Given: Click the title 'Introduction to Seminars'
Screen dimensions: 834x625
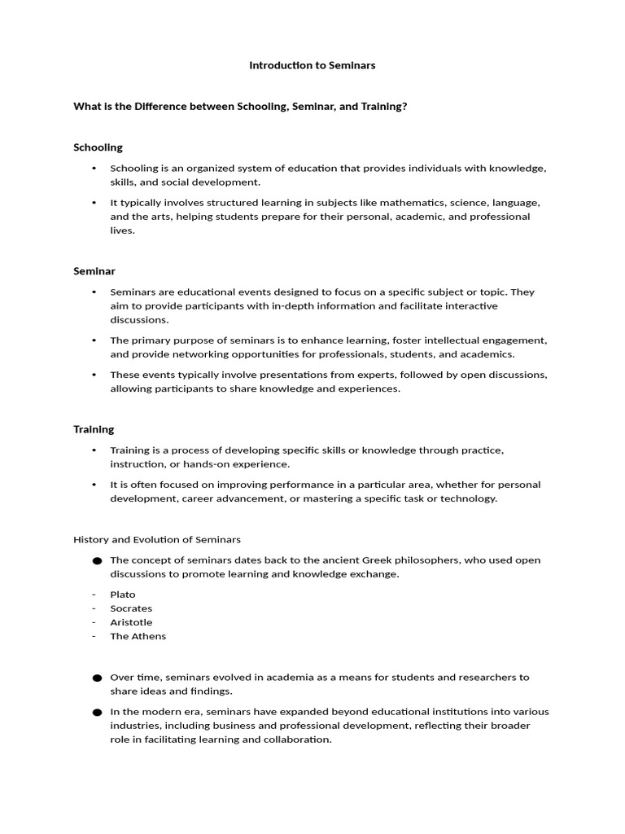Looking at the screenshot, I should (x=312, y=65).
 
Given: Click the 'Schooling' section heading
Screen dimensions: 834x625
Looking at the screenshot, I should (x=98, y=147).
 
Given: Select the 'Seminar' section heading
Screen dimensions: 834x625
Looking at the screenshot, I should (x=94, y=270).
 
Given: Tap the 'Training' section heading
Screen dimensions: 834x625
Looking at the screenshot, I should (x=94, y=429).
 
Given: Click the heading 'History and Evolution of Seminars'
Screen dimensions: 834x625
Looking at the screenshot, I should (x=157, y=539).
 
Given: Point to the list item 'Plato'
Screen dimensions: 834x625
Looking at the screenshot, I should (x=123, y=595).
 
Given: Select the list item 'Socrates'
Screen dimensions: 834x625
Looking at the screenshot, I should (x=131, y=608).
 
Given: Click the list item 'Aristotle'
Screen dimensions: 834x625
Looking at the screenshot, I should (x=131, y=622).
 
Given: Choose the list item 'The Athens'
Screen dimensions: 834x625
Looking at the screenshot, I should (x=138, y=636).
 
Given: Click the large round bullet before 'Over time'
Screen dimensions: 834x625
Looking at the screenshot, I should (x=97, y=678).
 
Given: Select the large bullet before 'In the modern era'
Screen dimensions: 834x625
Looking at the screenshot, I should (x=97, y=713).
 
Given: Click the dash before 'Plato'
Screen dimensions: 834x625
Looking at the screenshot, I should (x=94, y=595).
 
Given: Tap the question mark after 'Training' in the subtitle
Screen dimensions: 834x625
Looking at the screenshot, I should (x=404, y=106).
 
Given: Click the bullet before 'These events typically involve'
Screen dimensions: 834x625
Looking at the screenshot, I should (x=94, y=375).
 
